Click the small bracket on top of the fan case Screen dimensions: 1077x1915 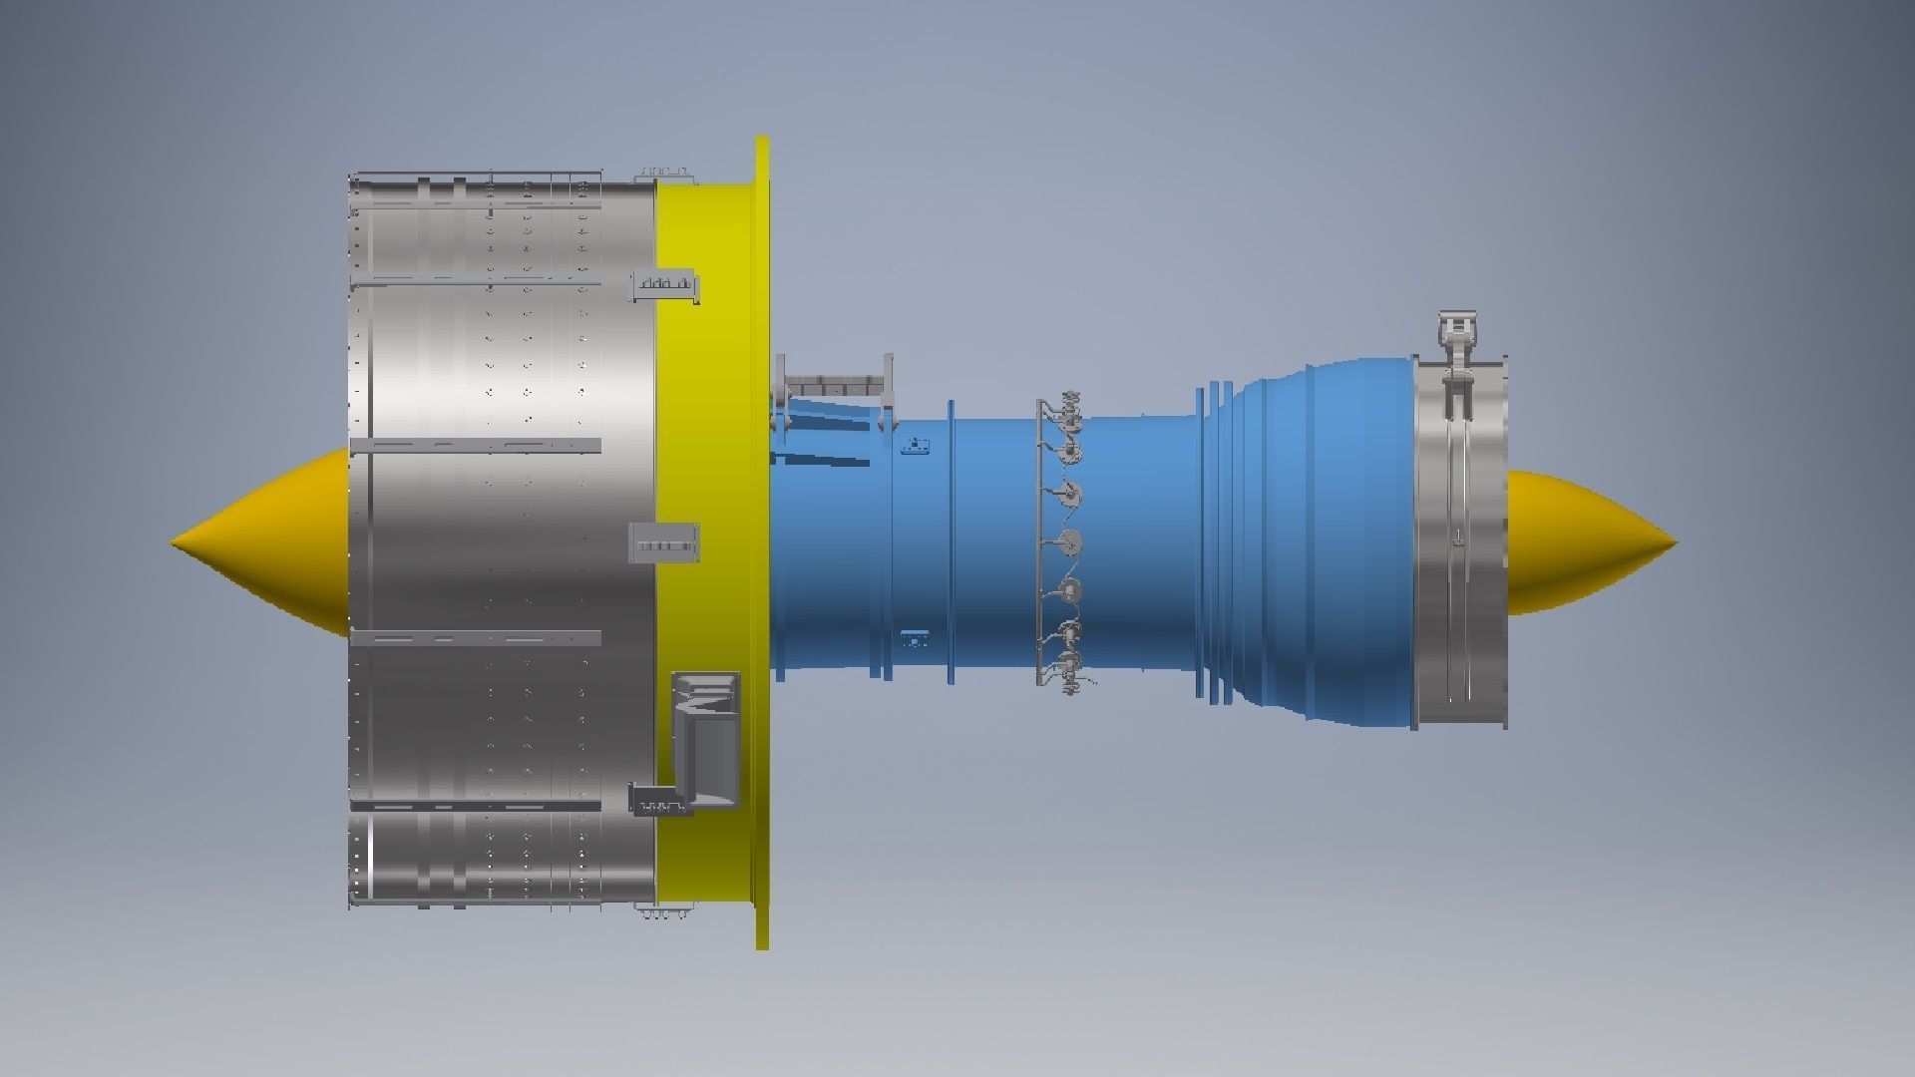662,175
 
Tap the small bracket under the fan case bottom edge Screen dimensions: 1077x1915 662,911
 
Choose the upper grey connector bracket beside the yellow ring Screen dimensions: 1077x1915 665,285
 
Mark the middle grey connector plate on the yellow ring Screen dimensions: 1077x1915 664,544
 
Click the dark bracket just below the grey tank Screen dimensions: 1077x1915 660,800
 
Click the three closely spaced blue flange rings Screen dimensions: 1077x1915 1216,543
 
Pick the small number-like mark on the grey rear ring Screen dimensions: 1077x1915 1458,539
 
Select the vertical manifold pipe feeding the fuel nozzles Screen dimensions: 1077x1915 1040,543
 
